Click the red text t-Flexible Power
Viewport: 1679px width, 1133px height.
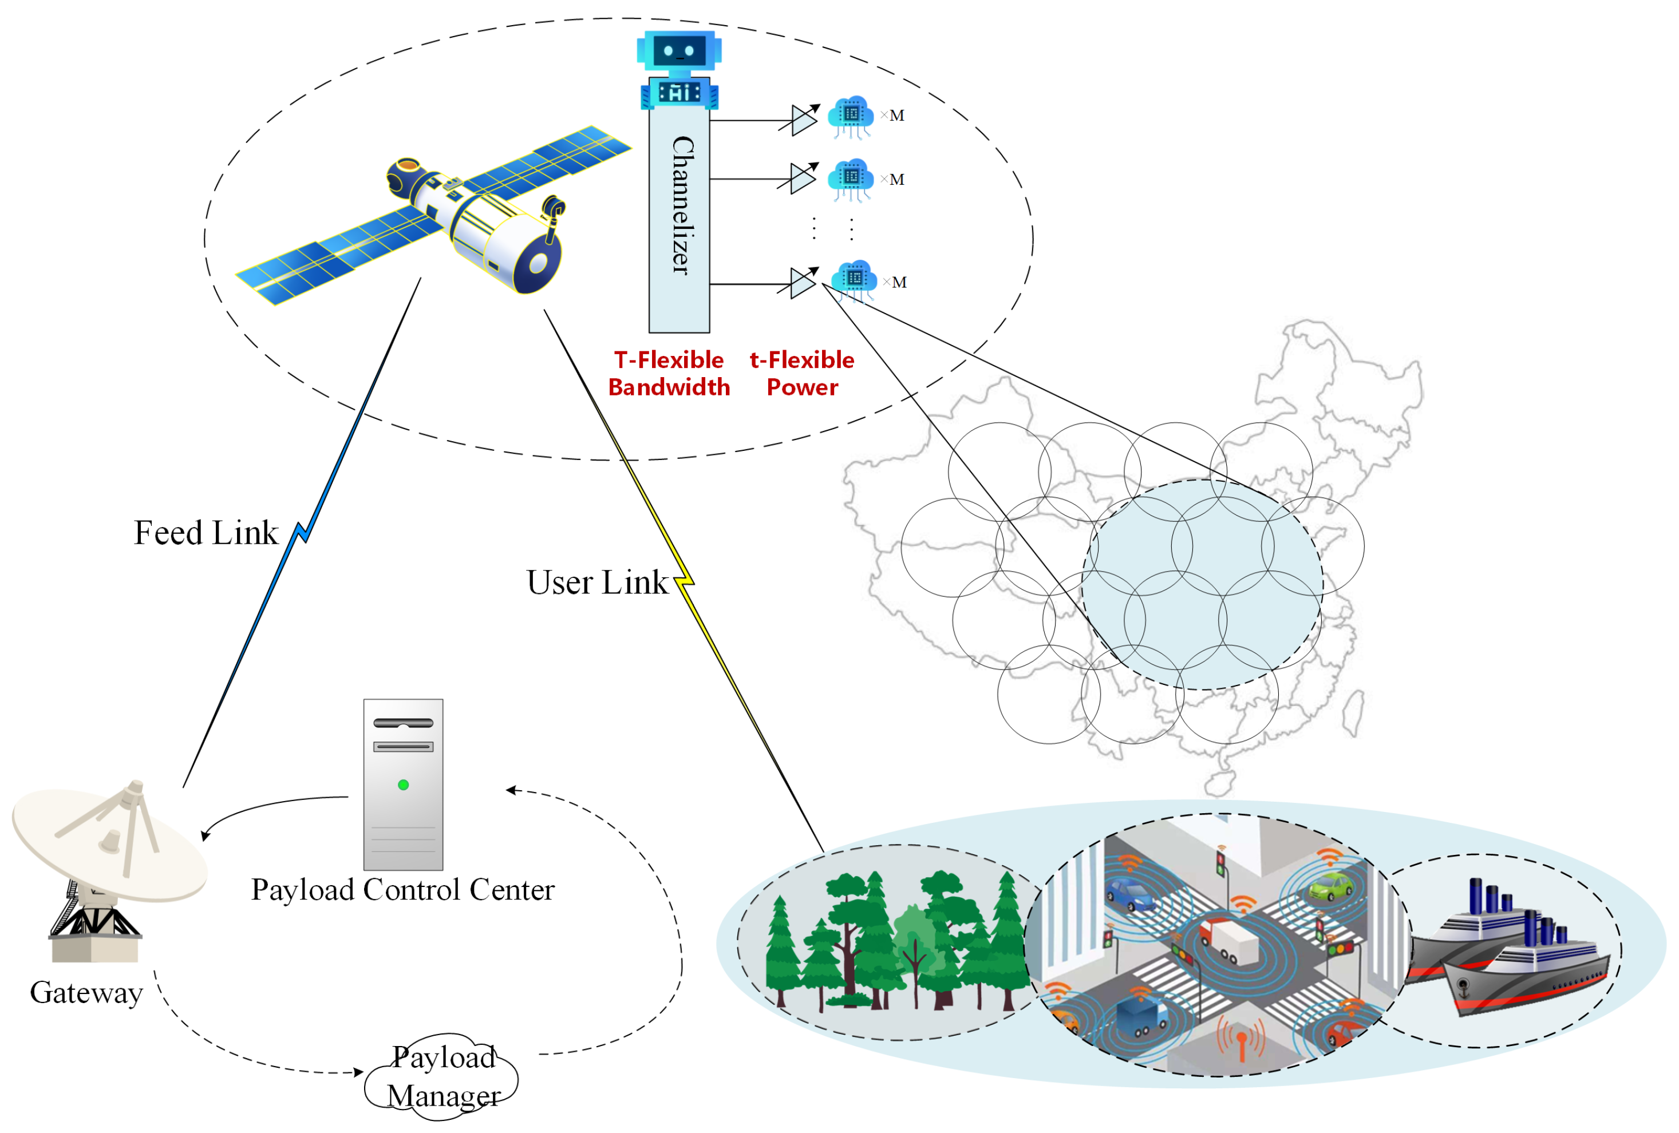801,373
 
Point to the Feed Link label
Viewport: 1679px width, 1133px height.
206,533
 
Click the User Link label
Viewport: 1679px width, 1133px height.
596,583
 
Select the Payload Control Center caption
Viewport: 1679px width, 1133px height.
402,890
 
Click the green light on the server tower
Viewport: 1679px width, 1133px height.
403,785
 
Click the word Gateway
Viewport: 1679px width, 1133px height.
86,993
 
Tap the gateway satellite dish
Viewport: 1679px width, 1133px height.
108,845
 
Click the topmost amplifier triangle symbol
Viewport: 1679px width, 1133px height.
802,120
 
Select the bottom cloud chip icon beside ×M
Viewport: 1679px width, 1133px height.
855,279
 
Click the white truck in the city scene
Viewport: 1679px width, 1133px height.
1230,940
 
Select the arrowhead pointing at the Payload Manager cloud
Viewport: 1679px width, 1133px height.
359,1072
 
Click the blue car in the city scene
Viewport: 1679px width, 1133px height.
1131,896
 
